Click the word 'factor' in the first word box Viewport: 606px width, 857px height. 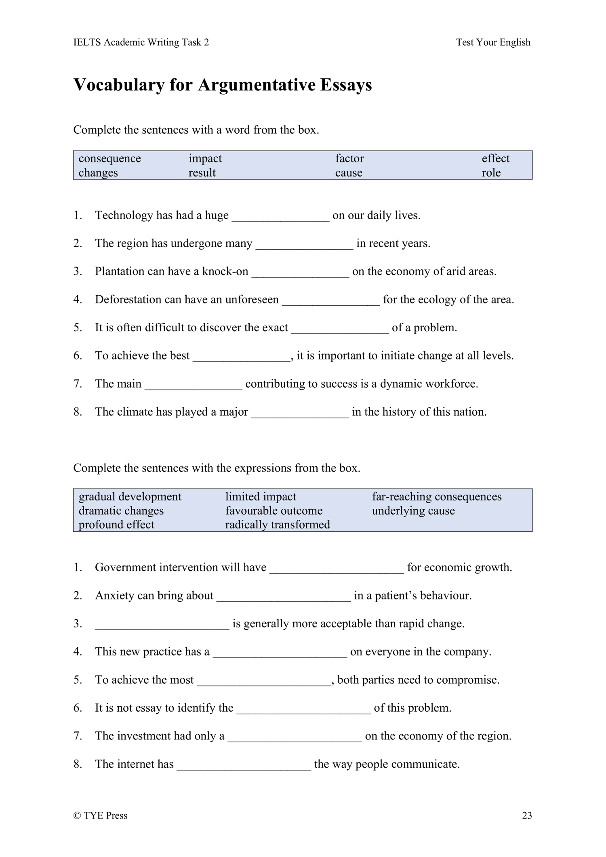[x=349, y=158]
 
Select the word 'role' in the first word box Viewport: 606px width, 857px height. [x=491, y=173]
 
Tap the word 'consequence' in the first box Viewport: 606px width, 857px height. [x=109, y=158]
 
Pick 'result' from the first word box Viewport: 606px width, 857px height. [x=202, y=173]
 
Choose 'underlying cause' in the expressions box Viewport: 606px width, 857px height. [x=413, y=511]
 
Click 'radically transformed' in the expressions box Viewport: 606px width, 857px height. [x=277, y=525]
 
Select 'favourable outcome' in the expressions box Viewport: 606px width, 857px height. [x=274, y=511]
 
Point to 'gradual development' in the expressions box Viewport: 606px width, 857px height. [x=130, y=497]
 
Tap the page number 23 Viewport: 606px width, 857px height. [x=527, y=815]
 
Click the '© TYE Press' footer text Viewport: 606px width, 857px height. [x=100, y=815]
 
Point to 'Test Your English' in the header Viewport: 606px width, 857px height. [x=493, y=42]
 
